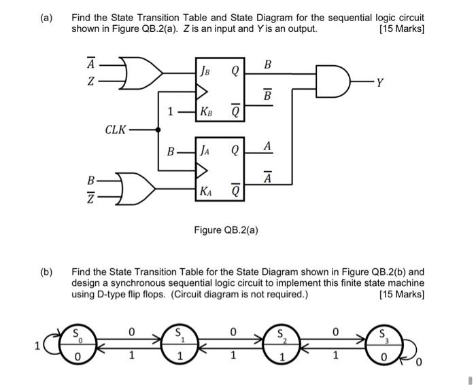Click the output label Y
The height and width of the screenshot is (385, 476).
(388, 84)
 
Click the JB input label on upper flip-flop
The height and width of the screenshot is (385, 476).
(205, 68)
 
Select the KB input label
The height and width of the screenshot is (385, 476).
(205, 111)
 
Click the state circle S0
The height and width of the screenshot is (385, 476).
(78, 344)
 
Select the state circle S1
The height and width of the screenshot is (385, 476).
(178, 344)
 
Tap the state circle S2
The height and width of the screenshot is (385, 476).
(281, 344)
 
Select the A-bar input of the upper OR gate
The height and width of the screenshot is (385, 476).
(90, 65)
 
